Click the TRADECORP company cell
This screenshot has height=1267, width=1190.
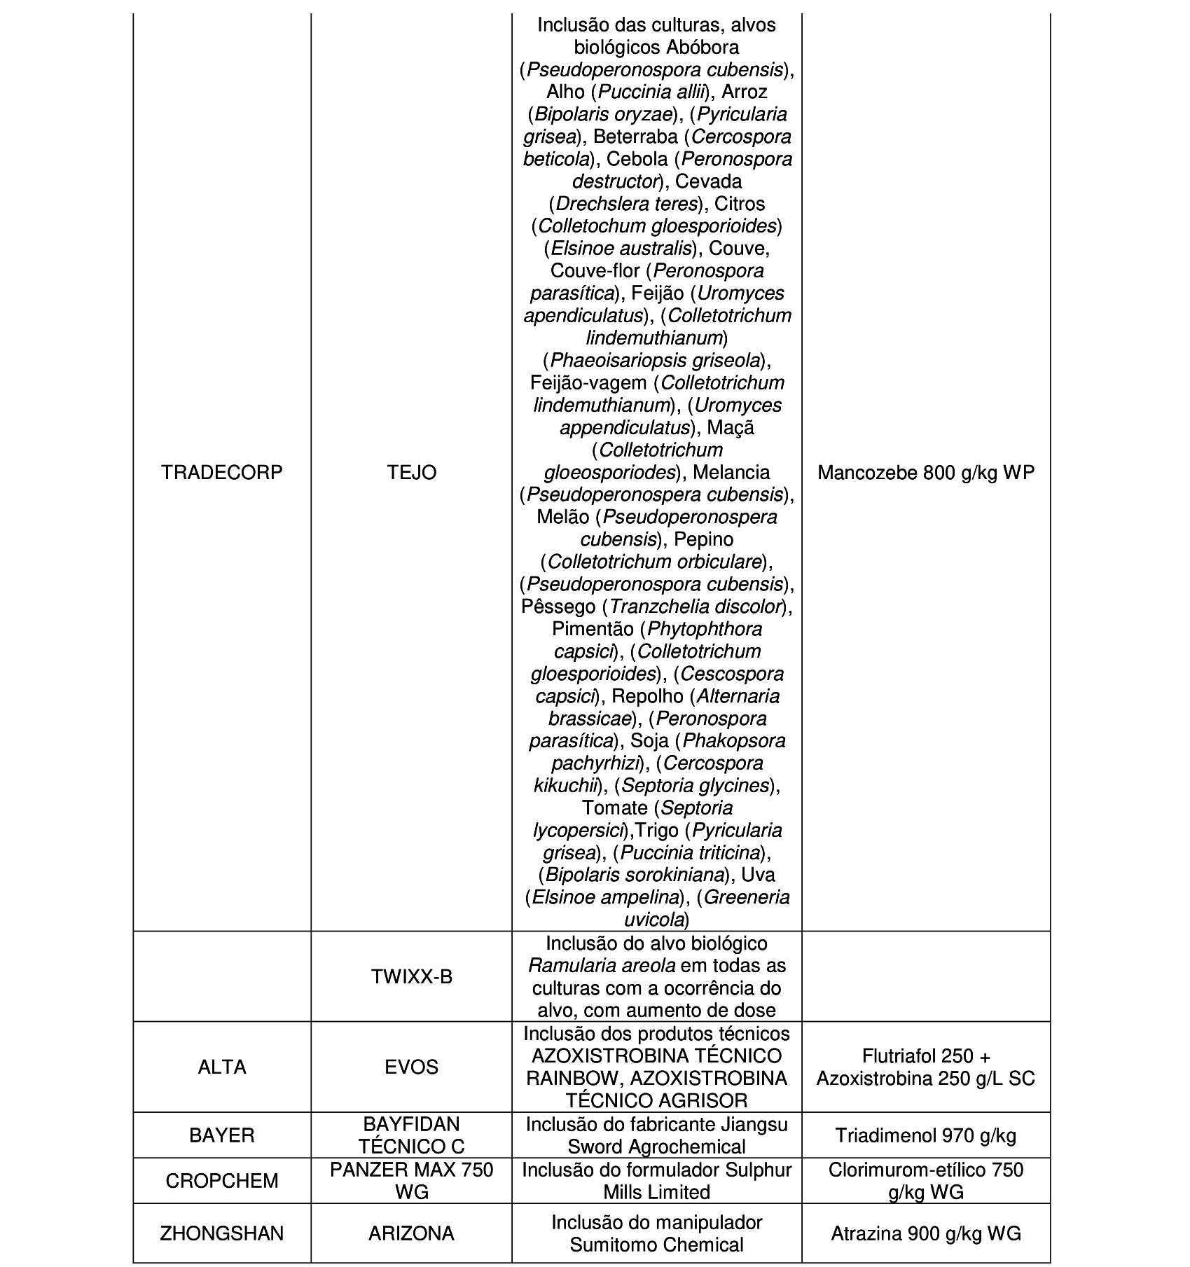point(222,473)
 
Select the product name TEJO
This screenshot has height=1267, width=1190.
point(412,473)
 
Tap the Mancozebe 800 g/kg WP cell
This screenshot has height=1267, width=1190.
point(926,473)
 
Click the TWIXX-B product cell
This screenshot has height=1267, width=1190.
point(412,976)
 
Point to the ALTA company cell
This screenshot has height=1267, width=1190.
point(222,1067)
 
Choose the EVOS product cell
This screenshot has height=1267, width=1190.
point(412,1067)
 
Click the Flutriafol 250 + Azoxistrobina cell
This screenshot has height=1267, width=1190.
point(926,1067)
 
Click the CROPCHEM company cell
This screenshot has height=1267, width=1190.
point(222,1180)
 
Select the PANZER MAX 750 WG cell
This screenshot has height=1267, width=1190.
point(412,1180)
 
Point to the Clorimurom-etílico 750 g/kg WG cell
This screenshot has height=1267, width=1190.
point(926,1180)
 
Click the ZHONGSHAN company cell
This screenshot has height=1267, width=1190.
point(222,1233)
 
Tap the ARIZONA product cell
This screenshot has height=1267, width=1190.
point(412,1233)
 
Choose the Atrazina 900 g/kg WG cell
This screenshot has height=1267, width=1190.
point(926,1233)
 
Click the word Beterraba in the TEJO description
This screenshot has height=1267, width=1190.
point(635,137)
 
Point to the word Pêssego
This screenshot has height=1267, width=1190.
point(558,607)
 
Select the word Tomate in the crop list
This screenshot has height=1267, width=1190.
point(614,808)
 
